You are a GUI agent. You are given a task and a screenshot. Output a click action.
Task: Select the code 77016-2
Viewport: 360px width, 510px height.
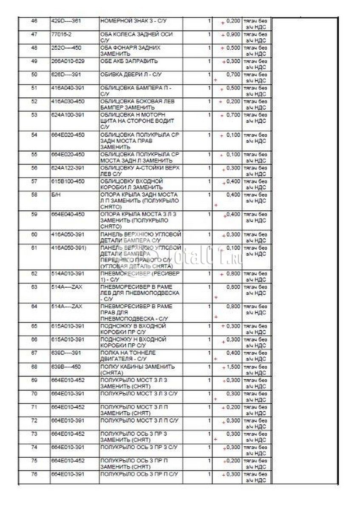point(60,34)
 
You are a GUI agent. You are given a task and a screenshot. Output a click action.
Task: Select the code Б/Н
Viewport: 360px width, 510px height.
point(54,195)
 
